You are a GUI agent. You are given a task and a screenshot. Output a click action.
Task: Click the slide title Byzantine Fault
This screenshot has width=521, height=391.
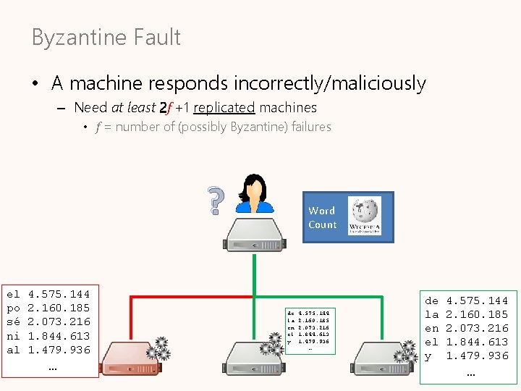(106, 38)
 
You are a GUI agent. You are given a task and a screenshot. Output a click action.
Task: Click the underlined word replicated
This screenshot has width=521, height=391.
(224, 108)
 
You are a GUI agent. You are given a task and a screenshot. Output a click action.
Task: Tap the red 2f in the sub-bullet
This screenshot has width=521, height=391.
(166, 109)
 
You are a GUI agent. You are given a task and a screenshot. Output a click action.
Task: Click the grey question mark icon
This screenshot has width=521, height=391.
(214, 201)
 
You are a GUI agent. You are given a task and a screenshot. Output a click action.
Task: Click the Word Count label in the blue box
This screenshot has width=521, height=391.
(322, 217)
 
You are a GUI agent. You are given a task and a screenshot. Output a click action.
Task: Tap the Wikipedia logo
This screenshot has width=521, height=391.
(365, 216)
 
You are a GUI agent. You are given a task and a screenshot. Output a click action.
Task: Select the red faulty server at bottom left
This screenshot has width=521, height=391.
(126, 357)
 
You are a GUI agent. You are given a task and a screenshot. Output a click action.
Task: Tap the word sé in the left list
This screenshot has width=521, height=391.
(13, 321)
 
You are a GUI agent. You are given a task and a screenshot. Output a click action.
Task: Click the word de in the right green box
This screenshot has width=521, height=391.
(432, 300)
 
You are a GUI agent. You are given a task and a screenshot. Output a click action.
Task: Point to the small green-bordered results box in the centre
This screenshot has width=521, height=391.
(310, 330)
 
